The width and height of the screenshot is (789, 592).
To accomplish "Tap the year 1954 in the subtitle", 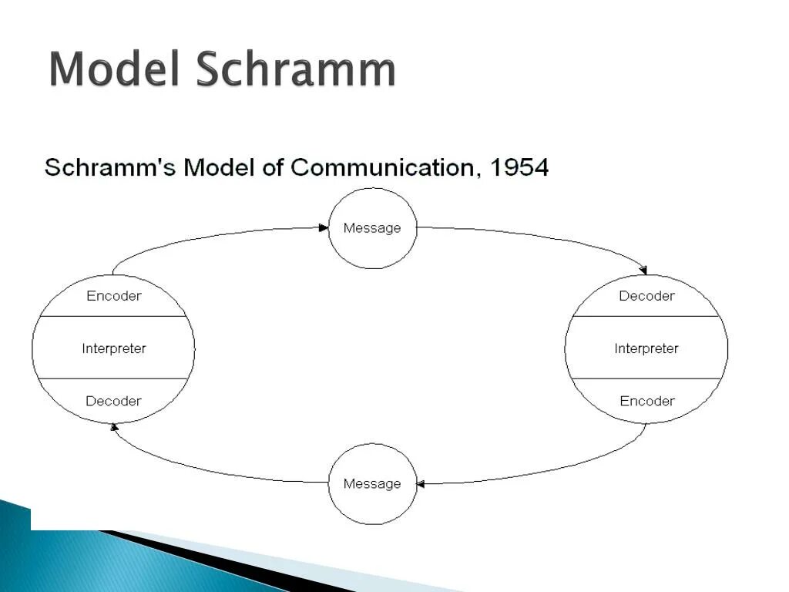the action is tap(519, 167).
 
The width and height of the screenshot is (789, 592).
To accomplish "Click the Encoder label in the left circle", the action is tap(114, 296).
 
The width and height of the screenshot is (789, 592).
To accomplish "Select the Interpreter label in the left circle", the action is tap(114, 348).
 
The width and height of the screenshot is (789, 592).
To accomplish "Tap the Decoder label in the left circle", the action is tap(114, 401).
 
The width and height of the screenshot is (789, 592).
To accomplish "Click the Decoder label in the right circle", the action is tap(646, 296).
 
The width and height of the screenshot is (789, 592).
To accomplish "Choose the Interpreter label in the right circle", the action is tap(646, 348).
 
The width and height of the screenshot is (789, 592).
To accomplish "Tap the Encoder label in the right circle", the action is tap(646, 401).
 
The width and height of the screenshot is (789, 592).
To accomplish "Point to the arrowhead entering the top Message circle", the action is tap(324, 227).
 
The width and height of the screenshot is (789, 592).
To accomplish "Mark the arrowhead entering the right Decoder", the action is tap(643, 270).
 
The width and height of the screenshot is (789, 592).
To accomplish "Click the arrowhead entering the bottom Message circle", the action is tap(421, 484).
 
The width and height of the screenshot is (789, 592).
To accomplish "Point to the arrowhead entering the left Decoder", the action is tap(115, 425).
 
